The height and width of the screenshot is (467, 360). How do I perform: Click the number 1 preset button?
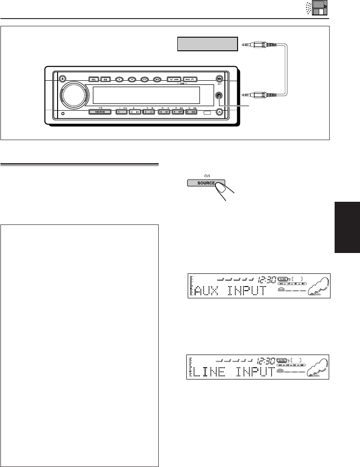pyautogui.click(x=121, y=112)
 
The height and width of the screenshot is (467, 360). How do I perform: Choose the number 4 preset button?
pyautogui.click(x=163, y=112)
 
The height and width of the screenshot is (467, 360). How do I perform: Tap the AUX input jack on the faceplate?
pyautogui.click(x=219, y=96)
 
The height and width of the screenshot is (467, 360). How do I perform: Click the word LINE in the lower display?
pyautogui.click(x=212, y=373)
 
